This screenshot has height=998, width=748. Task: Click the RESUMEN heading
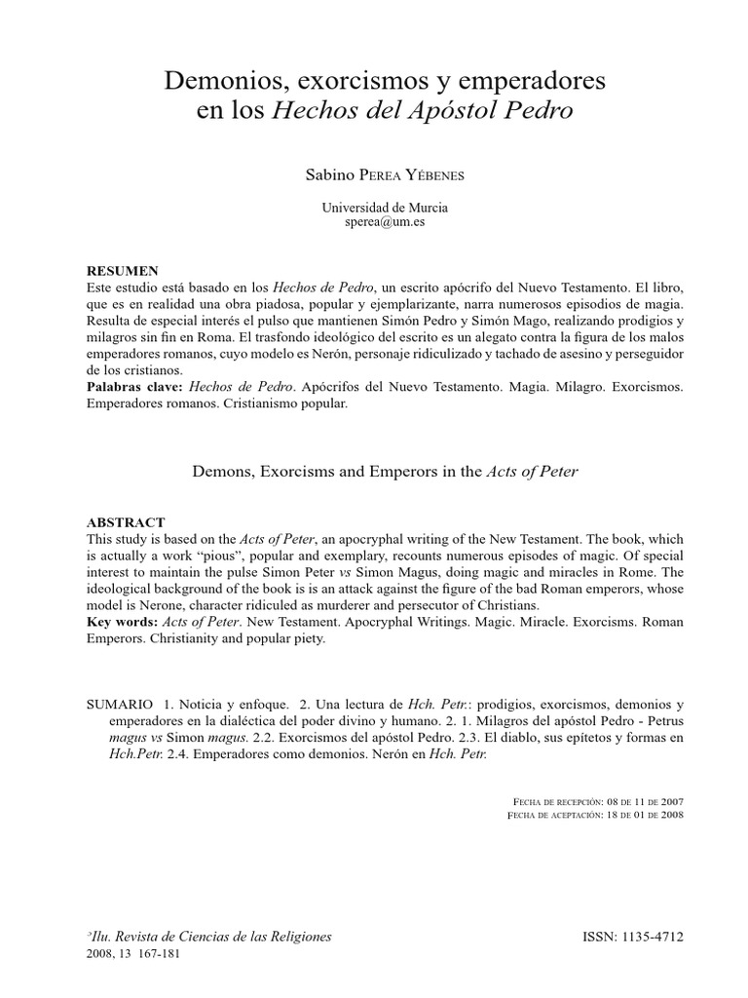point(122,269)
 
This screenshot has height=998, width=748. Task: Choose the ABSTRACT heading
point(126,522)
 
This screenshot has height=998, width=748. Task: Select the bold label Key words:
point(123,622)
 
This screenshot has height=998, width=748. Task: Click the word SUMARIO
point(120,704)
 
